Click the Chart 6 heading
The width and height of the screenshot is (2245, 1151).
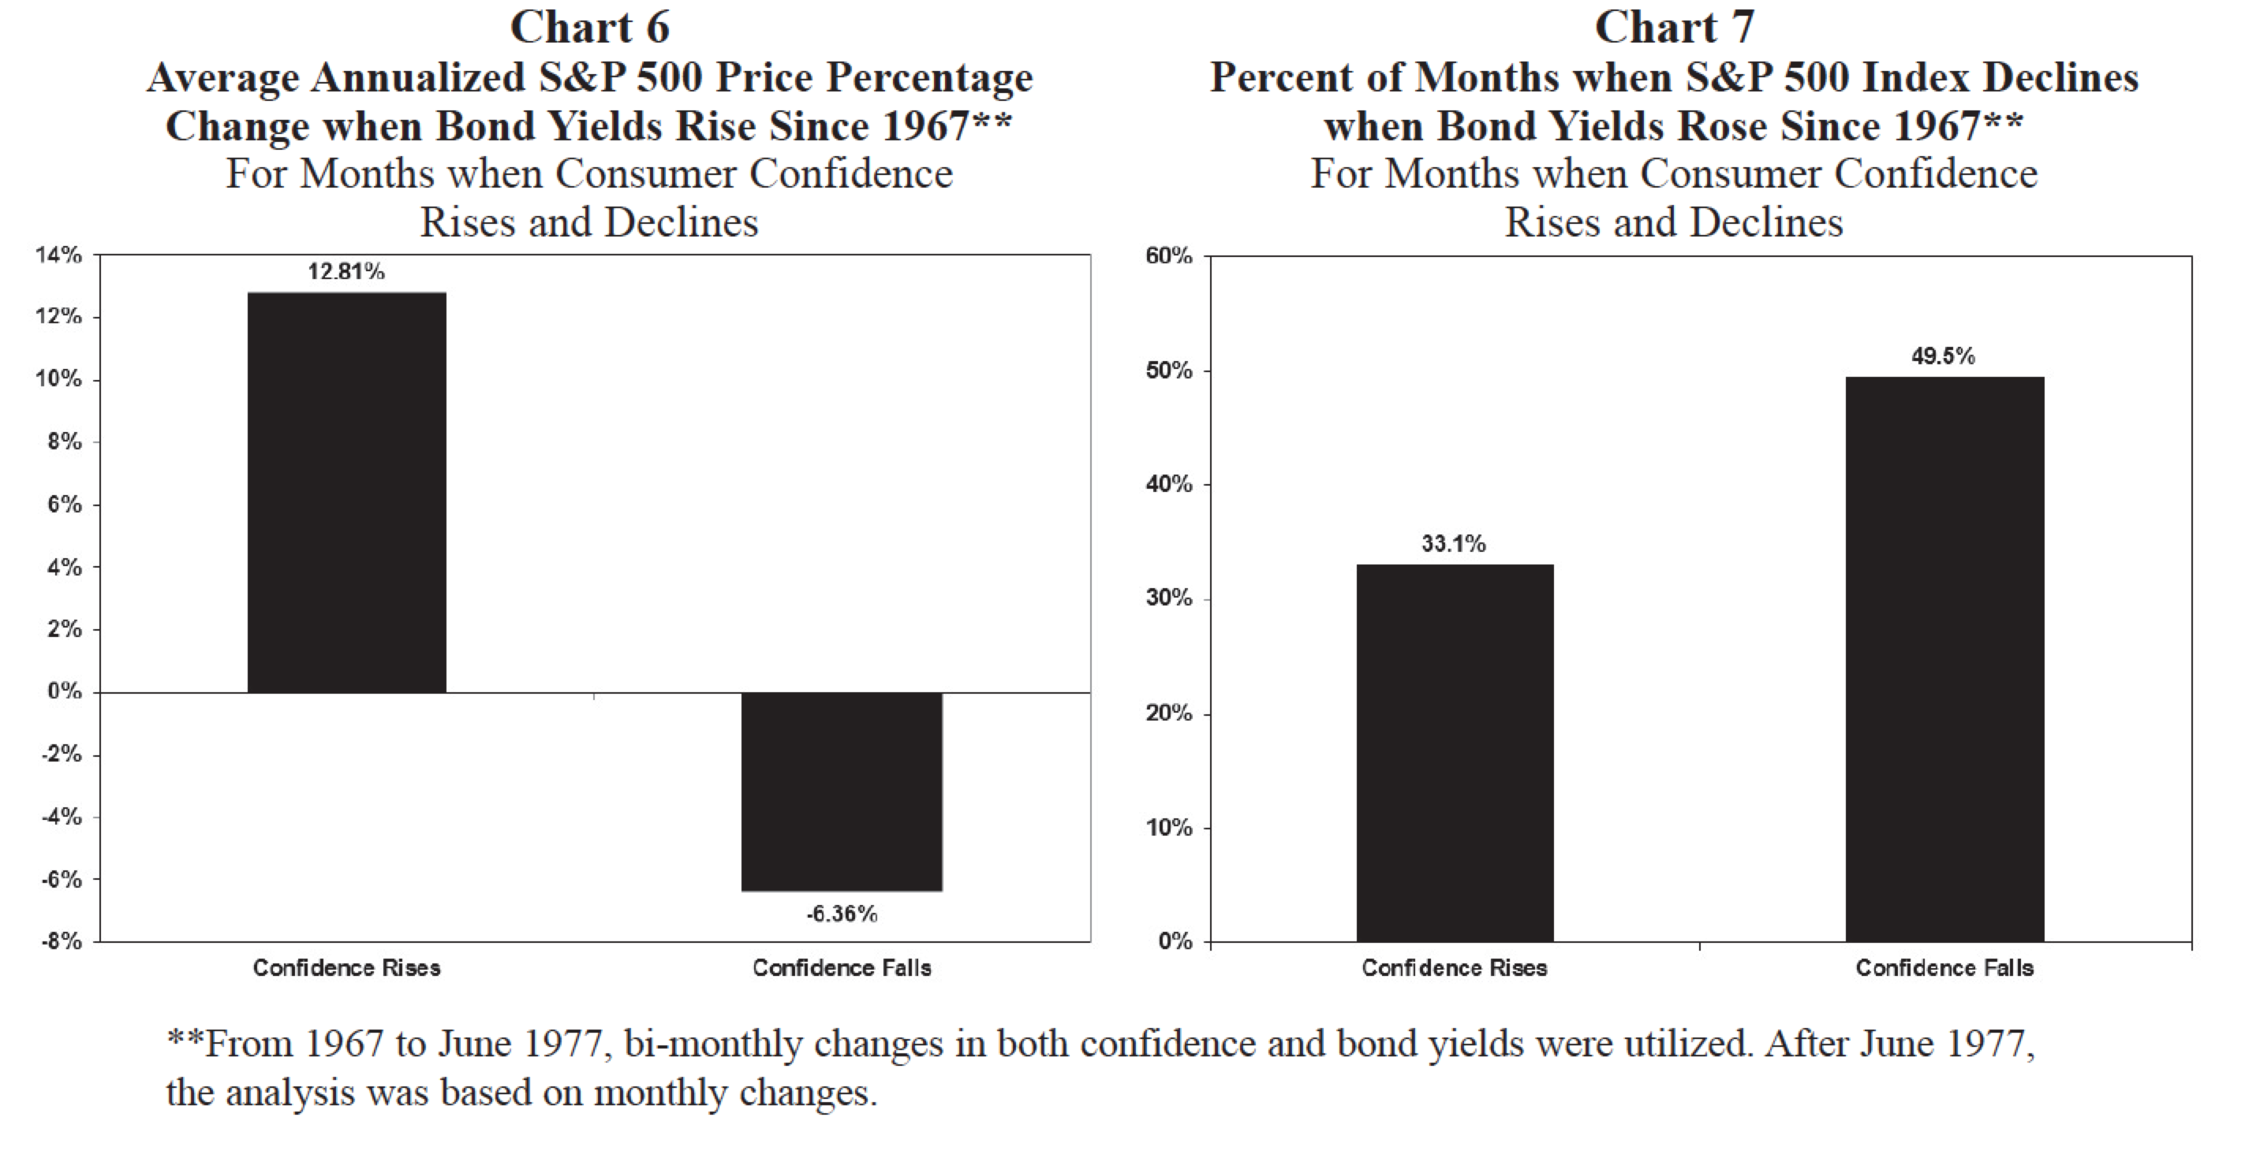pos(589,28)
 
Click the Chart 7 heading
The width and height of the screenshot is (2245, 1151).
pos(1673,28)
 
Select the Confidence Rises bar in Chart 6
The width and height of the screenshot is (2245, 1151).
pos(347,492)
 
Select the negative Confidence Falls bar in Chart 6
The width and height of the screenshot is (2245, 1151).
pos(842,792)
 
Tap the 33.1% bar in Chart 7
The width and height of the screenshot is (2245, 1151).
pos(1455,753)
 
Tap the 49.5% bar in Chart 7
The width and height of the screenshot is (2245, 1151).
pos(1944,659)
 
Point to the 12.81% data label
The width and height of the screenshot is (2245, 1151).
pos(346,272)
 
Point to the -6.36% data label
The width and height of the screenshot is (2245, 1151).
pos(842,914)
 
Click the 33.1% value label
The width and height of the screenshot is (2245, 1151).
pos(1454,544)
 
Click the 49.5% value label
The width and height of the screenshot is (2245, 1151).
pos(1944,356)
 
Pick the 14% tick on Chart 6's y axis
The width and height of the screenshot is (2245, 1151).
pos(58,255)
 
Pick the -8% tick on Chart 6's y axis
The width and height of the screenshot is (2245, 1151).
pos(61,942)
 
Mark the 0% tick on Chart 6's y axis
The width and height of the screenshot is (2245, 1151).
pos(65,692)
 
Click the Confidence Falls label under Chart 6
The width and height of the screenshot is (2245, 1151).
pos(842,968)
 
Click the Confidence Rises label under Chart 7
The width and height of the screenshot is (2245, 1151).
pos(1455,968)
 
